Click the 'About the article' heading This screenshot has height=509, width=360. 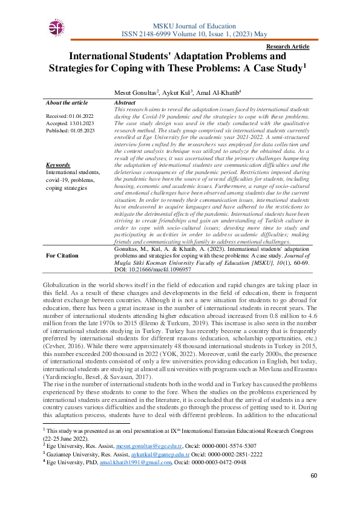coord(67,103)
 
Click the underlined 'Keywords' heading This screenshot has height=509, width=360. coord(58,165)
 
